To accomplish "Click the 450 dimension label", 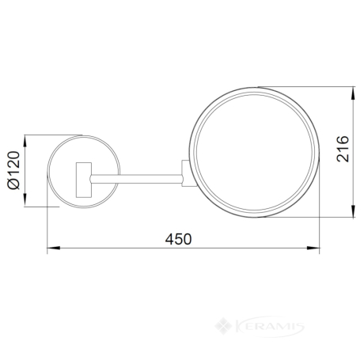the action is click(178, 239).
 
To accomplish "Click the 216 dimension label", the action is click(343, 149).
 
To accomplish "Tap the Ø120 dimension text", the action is click(13, 170).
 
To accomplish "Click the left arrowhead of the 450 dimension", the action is click(54, 248).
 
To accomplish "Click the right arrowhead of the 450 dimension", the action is click(313, 248).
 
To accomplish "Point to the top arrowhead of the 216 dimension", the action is click(353, 93).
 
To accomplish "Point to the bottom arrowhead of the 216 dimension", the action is click(353, 210).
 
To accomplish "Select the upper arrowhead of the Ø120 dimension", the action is click(25, 142).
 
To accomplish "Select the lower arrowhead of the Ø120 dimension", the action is click(25, 200).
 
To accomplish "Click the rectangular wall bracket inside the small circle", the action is click(84, 180).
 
